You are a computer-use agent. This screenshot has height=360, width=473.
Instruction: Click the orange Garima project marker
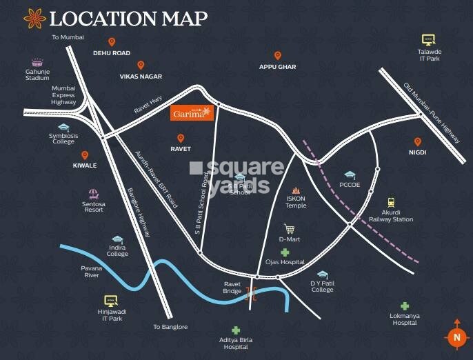pyautogui.click(x=192, y=113)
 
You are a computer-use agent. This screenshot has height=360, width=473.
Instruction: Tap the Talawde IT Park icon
pyautogui.click(x=428, y=40)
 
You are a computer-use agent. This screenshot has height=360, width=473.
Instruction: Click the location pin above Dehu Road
pyautogui.click(x=112, y=43)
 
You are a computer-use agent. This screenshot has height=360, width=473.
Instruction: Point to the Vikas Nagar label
pyautogui.click(x=140, y=77)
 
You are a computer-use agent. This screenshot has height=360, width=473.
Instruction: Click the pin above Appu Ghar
pyautogui.click(x=277, y=56)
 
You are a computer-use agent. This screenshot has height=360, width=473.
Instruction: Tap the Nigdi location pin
pyautogui.click(x=417, y=142)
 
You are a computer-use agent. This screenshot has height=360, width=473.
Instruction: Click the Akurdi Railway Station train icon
pyautogui.click(x=392, y=203)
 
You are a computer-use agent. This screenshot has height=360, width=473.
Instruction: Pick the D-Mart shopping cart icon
pyautogui.click(x=290, y=229)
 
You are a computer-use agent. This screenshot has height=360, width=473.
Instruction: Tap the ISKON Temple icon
pyautogui.click(x=296, y=190)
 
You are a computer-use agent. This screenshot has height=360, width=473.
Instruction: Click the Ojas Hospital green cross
pyautogui.click(x=284, y=253)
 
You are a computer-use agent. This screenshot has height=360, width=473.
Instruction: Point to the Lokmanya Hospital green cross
pyautogui.click(x=405, y=306)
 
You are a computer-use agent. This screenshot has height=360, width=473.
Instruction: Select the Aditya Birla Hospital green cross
pyautogui.click(x=236, y=331)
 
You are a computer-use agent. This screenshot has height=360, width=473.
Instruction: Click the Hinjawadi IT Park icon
pyautogui.click(x=111, y=301)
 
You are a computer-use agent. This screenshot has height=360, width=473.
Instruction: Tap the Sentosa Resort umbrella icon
pyautogui.click(x=93, y=194)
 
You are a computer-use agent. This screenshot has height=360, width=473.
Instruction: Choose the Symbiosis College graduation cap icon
pyautogui.click(x=63, y=128)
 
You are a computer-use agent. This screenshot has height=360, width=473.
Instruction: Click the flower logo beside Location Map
pyautogui.click(x=34, y=19)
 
